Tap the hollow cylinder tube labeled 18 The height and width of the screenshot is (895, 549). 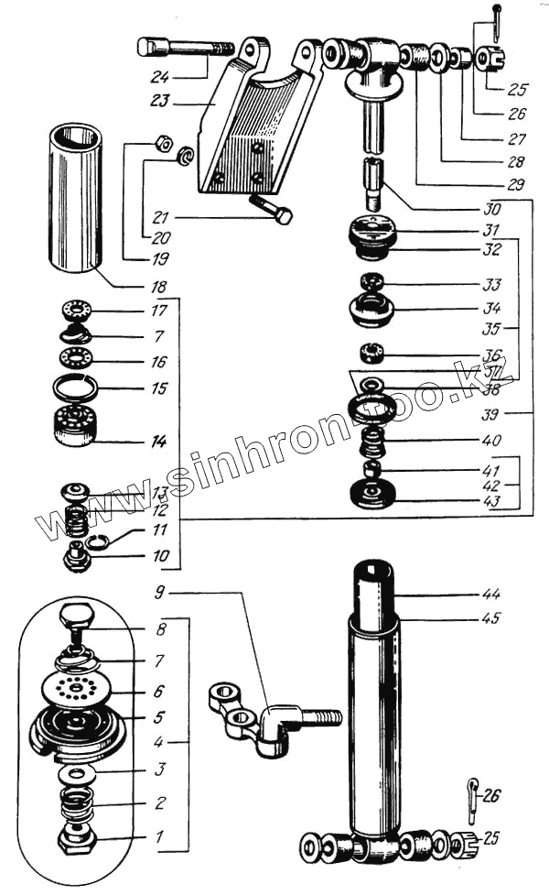(75, 199)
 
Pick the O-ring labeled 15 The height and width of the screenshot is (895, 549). (77, 388)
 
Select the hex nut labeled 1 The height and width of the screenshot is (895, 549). (75, 835)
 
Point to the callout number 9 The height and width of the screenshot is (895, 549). (159, 592)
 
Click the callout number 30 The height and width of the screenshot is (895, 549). (492, 209)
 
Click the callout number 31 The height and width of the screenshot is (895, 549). (492, 229)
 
